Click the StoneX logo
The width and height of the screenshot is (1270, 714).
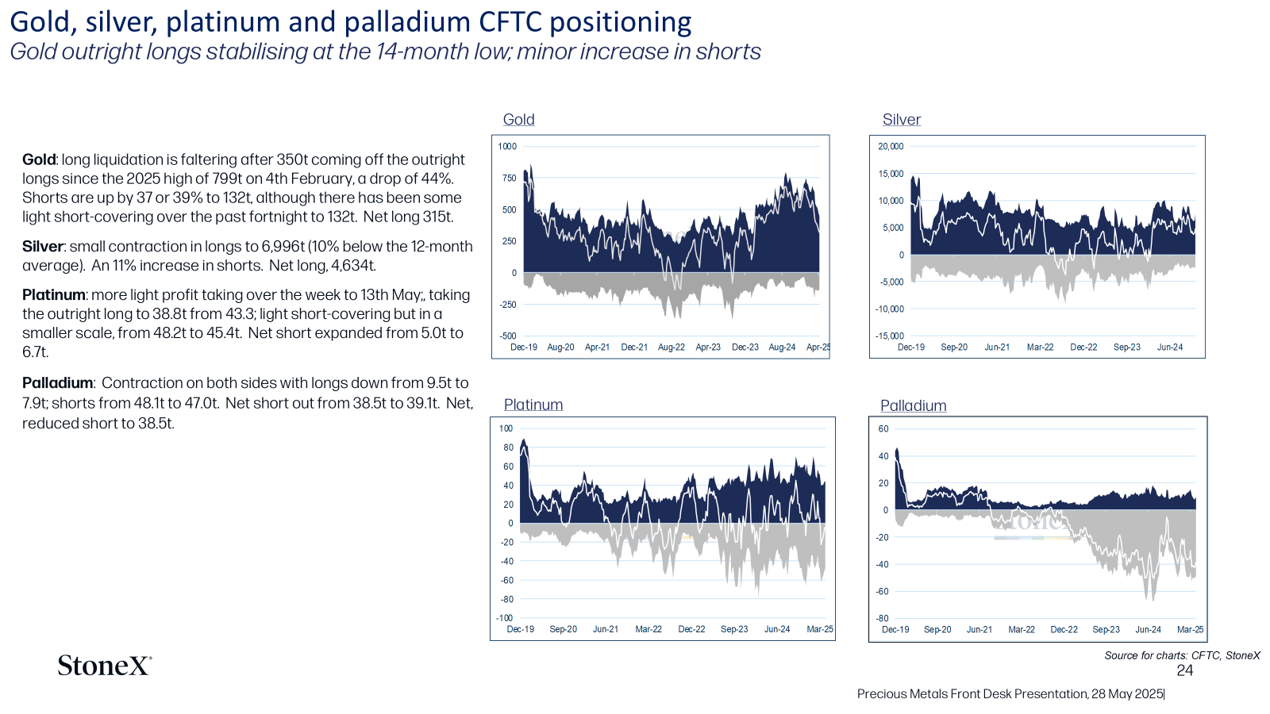click(104, 666)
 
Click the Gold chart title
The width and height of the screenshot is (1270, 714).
click(519, 120)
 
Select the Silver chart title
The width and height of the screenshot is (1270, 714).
click(902, 120)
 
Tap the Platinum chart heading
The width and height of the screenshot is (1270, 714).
click(533, 405)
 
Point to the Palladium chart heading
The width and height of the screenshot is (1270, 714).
click(914, 405)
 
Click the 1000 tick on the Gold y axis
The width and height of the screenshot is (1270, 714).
click(507, 146)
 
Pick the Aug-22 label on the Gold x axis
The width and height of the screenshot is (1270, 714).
click(672, 347)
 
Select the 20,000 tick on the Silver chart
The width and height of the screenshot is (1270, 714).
click(891, 146)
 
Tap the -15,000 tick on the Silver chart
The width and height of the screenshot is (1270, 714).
click(890, 336)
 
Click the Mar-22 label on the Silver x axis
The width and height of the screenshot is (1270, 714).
click(1041, 347)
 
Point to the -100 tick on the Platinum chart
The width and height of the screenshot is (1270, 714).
click(505, 618)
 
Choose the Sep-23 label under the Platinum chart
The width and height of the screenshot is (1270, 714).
click(734, 629)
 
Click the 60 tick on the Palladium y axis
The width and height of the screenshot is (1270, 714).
click(883, 429)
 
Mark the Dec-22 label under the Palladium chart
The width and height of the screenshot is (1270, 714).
click(1064, 630)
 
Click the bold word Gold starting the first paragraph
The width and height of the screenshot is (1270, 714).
click(39, 159)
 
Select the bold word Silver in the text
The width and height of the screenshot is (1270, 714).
click(43, 247)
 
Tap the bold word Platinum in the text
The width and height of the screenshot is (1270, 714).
click(54, 294)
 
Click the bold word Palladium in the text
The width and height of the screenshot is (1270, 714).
click(58, 383)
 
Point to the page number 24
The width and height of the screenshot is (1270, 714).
click(1184, 670)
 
